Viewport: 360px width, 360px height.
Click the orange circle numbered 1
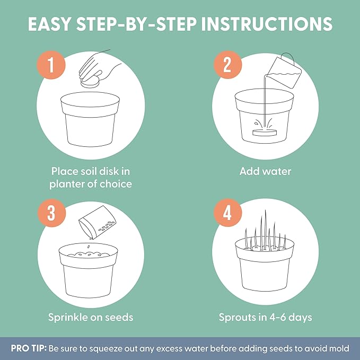coord(51,65)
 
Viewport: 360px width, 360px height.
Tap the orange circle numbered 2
coord(227,65)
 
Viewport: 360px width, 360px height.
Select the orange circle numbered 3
coord(51,213)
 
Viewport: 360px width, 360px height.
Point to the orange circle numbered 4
coord(227,213)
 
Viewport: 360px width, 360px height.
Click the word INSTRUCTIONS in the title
coord(267,24)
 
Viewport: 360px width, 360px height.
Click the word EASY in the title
coord(49,24)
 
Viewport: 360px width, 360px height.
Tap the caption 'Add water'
coord(265,171)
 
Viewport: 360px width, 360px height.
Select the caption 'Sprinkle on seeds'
coord(91,317)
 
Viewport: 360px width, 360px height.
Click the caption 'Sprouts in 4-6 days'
coord(266,317)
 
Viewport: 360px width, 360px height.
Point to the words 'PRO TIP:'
coord(29,348)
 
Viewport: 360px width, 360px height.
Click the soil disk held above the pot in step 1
coord(90,82)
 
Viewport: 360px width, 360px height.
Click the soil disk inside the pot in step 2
coord(265,133)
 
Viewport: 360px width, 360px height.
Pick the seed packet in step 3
coord(98,222)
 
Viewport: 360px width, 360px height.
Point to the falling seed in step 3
coord(89,247)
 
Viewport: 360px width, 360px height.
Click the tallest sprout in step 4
coord(266,230)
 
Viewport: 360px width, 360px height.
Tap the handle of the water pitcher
coord(288,58)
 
